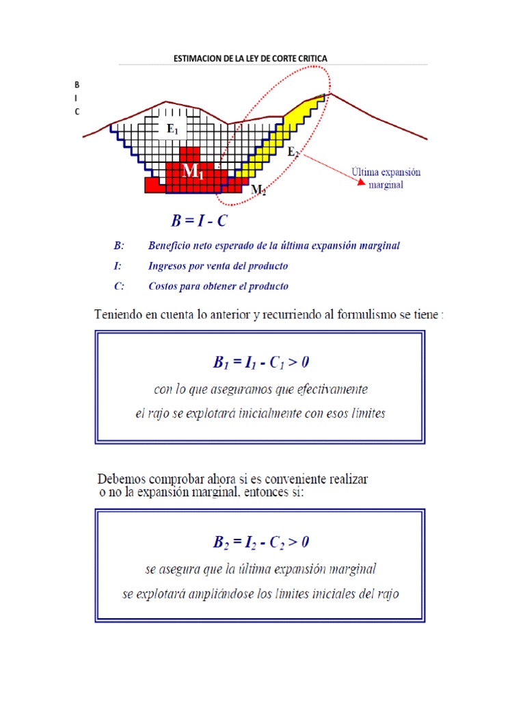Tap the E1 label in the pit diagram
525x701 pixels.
[x=172, y=129]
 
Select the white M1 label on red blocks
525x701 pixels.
[x=193, y=173]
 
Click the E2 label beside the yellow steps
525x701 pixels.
[x=293, y=152]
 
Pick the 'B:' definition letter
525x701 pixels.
[x=119, y=246]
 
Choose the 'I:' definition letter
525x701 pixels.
[x=118, y=266]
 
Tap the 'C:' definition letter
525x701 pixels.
[x=119, y=287]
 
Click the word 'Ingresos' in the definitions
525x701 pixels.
[x=168, y=266]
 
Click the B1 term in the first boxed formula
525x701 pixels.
[x=220, y=363]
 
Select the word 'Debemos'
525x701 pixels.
[x=120, y=477]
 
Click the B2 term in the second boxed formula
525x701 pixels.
[x=220, y=543]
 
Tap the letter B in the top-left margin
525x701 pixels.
[x=77, y=85]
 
